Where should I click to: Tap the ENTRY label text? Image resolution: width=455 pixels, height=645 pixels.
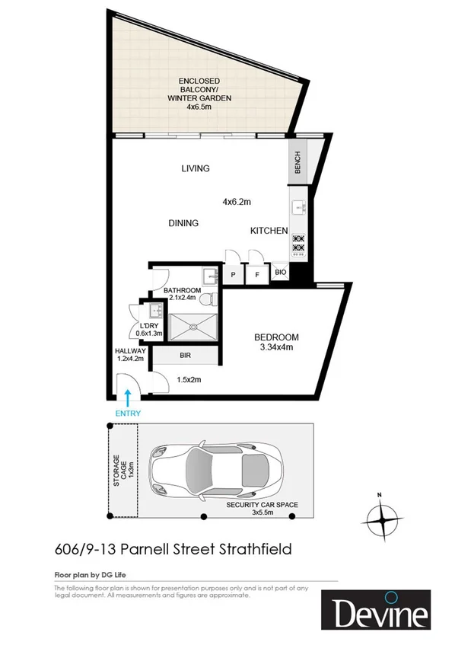pos(128,414)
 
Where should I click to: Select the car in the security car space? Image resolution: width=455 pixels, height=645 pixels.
pos(217,471)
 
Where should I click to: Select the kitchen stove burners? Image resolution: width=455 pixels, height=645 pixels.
pos(297,242)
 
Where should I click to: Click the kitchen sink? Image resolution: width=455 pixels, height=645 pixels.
pos(297,207)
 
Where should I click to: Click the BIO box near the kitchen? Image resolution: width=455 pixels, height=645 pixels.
pos(280,271)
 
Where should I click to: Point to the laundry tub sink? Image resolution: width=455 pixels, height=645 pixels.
pos(155,311)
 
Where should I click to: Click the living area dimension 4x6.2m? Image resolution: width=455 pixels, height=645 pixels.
pos(237,202)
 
